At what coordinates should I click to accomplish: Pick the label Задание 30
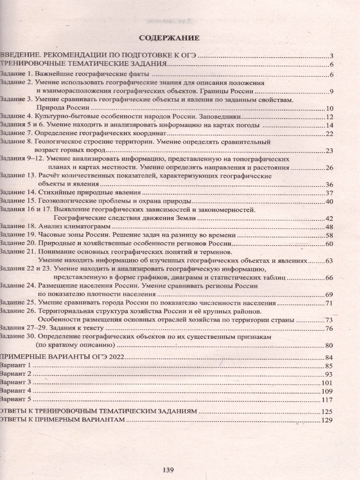point(18,337)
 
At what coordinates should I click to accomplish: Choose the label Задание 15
point(18,201)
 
